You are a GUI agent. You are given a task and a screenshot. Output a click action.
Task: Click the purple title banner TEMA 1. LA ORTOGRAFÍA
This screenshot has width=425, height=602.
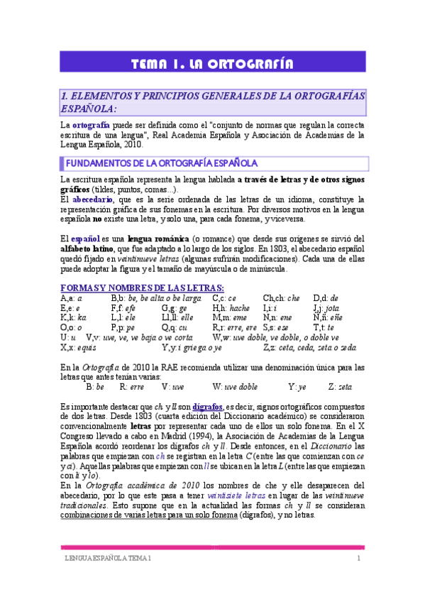[x=212, y=65]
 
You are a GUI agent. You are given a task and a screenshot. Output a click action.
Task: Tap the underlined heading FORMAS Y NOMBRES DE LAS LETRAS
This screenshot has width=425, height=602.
[x=142, y=287]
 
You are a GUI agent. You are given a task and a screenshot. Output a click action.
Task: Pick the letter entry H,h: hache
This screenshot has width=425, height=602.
[x=231, y=308]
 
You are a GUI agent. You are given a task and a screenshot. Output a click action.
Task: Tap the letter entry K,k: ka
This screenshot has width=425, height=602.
[x=74, y=318]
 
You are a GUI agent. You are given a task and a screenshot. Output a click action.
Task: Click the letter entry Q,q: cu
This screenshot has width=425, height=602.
[x=175, y=328]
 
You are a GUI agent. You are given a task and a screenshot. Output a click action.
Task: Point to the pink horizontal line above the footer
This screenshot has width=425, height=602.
[x=212, y=547]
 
